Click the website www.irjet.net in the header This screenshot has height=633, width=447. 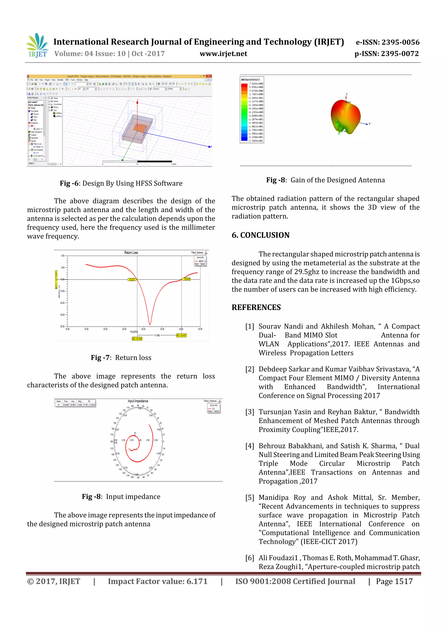223,54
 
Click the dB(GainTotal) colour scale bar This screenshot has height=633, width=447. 244,112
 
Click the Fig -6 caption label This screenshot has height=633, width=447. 69,183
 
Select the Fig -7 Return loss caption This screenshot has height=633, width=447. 121,358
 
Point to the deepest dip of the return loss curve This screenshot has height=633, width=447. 150,324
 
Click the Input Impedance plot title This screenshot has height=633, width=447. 138,401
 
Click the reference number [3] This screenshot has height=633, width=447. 249,412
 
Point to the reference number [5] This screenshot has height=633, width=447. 249,497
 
